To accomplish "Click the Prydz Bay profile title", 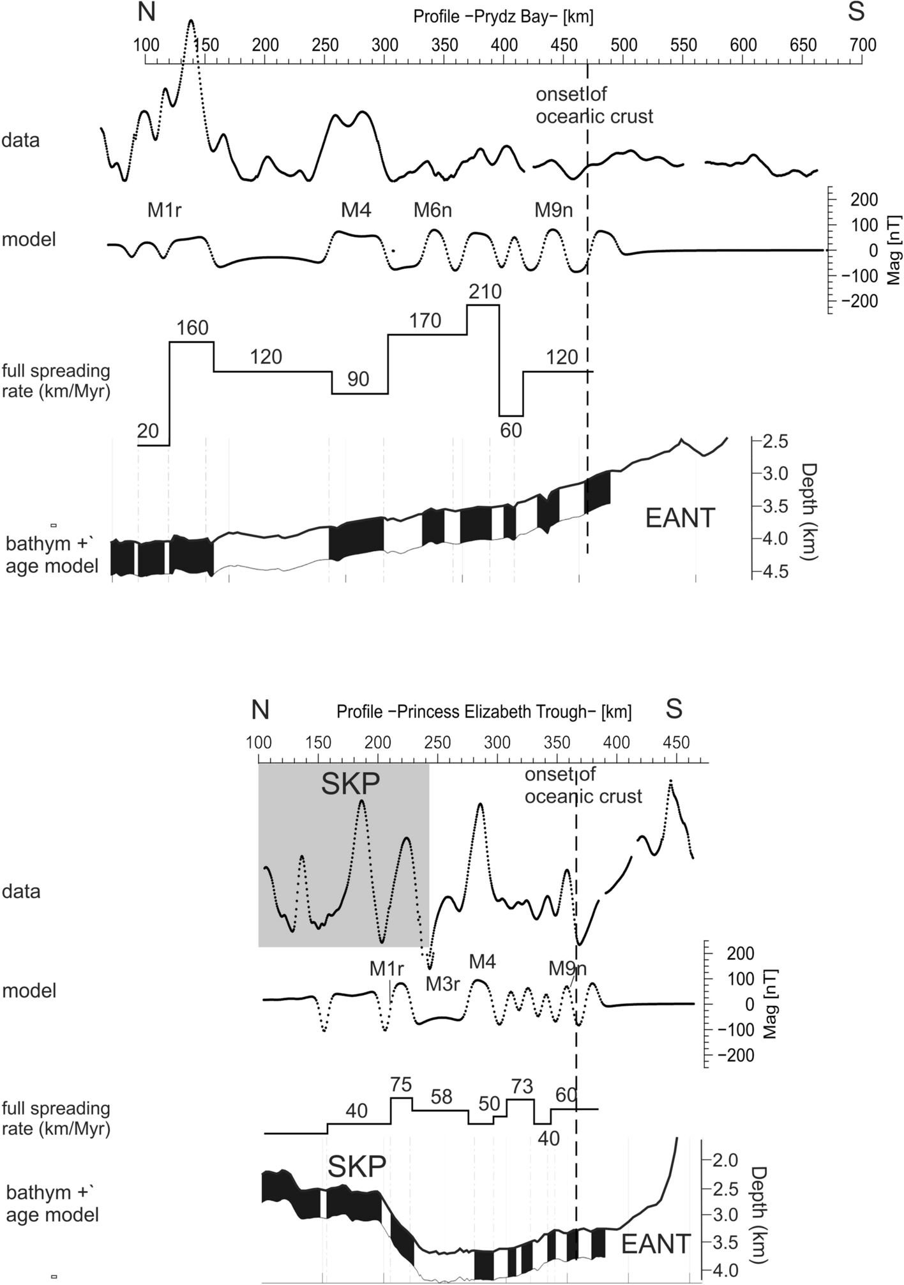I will [503, 17].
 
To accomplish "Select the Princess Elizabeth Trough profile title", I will [484, 711].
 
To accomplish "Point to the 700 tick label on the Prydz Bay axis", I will [863, 45].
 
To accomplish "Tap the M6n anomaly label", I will [433, 209].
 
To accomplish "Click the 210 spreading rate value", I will [485, 292].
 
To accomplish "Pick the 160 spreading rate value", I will [192, 328].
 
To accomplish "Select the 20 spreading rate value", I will [147, 431].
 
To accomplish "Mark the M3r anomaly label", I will [443, 984].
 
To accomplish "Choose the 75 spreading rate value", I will [402, 1084].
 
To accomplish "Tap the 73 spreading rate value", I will [522, 1086].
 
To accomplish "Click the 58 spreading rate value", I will [441, 1097].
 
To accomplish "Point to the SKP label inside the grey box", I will [350, 784].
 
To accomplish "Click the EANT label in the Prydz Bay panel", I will [680, 518].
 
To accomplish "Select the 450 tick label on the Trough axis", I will [677, 743].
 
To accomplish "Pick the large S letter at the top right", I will [856, 13].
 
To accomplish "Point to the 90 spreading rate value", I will [358, 379].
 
